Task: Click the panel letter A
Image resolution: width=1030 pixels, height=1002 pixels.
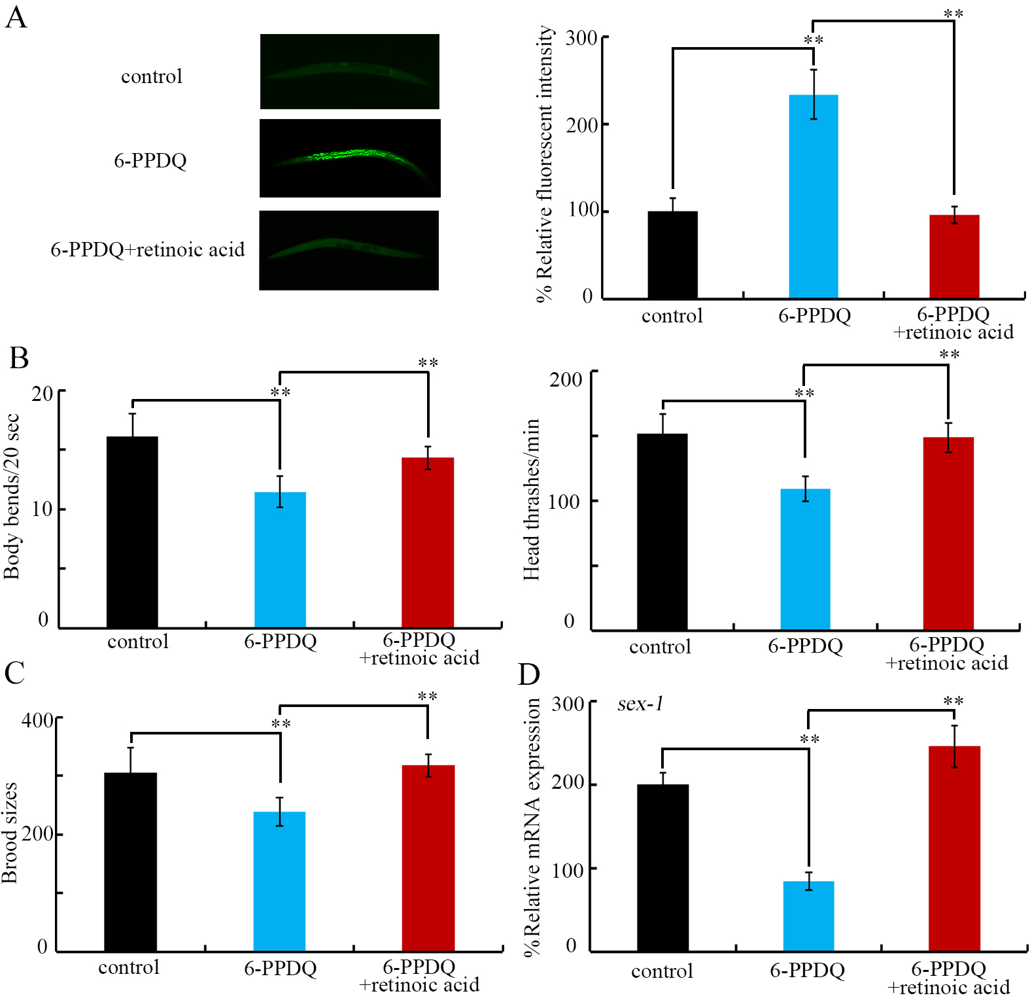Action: click(16, 17)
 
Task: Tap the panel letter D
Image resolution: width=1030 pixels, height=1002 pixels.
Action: click(528, 674)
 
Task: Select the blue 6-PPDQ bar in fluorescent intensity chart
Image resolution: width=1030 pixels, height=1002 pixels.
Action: click(813, 196)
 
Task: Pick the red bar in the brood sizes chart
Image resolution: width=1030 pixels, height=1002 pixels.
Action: click(428, 857)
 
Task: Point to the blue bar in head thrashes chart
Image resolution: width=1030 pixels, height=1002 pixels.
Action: click(805, 559)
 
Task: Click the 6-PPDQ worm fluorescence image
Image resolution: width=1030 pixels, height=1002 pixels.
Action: click(350, 158)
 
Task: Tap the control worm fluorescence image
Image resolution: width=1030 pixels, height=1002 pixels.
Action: click(350, 71)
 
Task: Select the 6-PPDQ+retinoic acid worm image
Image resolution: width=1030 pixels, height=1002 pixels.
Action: click(349, 250)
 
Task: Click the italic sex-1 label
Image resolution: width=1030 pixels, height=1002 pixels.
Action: click(640, 704)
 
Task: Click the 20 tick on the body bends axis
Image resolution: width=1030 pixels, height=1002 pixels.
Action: click(43, 393)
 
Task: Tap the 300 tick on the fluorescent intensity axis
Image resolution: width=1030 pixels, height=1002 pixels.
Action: click(581, 38)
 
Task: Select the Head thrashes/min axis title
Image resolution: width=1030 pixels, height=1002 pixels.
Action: click(531, 500)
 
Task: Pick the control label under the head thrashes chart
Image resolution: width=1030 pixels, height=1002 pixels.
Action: click(659, 647)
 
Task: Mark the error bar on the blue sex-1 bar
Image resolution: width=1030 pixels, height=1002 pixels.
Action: click(808, 881)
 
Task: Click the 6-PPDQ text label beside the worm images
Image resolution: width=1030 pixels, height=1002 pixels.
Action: click(150, 160)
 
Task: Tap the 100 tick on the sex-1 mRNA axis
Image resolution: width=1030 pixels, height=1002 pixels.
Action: click(568, 871)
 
